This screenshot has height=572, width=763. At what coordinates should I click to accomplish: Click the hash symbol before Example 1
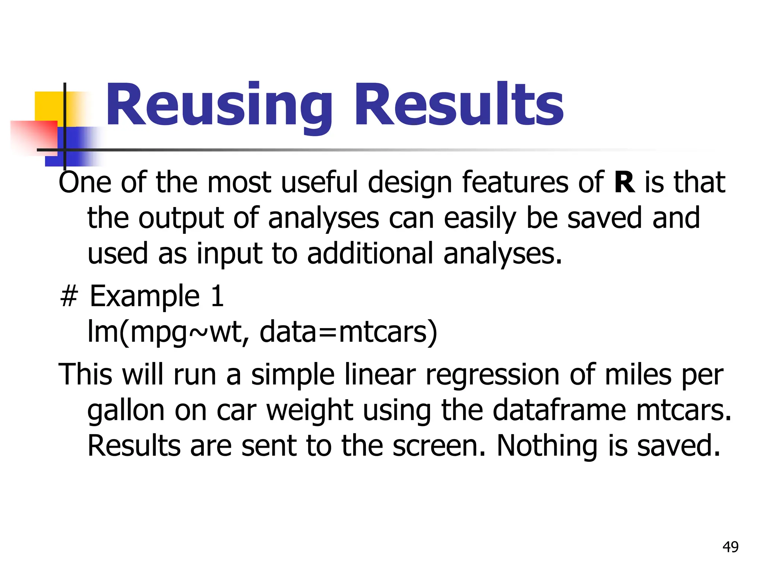click(x=69, y=296)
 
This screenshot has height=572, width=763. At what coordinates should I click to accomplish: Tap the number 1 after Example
click(x=217, y=296)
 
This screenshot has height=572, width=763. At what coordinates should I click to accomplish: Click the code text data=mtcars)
click(x=348, y=332)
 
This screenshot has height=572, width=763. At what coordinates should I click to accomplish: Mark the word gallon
click(x=126, y=411)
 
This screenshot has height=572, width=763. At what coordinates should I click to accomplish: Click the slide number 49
click(x=730, y=547)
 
